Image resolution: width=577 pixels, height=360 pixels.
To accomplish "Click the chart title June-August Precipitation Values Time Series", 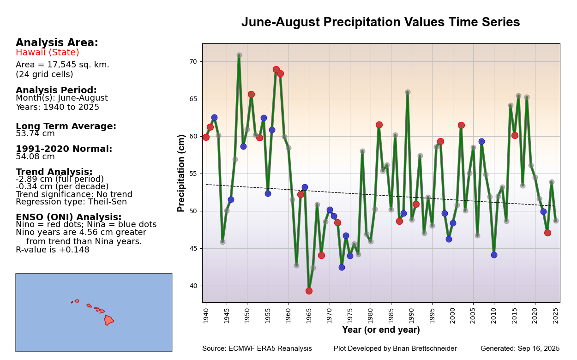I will [380, 23].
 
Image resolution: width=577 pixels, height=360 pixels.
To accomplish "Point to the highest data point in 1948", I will [239, 55].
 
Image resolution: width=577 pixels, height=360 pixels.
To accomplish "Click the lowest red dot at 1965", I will [309, 291].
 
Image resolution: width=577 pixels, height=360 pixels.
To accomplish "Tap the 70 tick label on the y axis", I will [192, 61].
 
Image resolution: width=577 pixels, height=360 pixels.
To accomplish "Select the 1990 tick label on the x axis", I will [411, 316].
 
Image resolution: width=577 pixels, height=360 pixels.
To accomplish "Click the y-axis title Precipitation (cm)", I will [181, 173].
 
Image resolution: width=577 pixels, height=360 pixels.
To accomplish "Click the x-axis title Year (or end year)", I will [381, 330].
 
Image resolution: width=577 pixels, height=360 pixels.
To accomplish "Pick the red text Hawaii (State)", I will [48, 53].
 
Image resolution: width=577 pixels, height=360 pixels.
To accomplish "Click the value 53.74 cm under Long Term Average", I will [35, 134].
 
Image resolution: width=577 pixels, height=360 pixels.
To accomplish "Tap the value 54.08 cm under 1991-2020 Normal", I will [35, 156].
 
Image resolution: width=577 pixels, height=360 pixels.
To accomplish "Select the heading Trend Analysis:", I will [54, 172].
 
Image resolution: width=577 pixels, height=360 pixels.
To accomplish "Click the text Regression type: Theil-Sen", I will [71, 202].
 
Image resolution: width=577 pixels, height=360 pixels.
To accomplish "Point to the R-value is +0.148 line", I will [53, 250].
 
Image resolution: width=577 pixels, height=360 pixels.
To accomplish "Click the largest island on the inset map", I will [108, 320].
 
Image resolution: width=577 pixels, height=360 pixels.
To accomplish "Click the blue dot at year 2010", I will [494, 255].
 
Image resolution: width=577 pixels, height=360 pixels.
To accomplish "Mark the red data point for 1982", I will [379, 125].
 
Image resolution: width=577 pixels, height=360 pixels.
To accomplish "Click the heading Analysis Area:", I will [57, 43].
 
